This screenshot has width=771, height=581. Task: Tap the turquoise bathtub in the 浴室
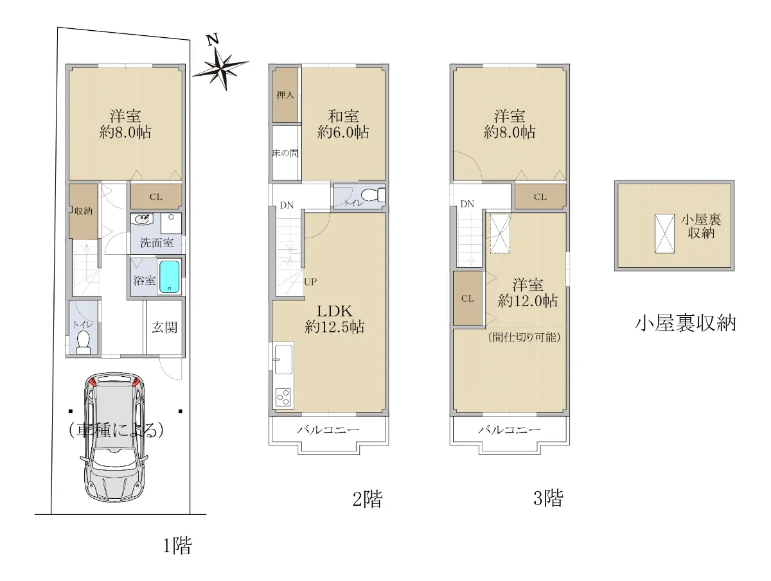tap(170, 277)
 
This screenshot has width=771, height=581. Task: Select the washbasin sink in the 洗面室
tap(142, 220)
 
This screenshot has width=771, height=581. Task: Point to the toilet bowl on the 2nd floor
tap(373, 195)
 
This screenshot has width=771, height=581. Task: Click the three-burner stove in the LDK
tap(283, 398)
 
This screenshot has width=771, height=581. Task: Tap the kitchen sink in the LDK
tap(283, 360)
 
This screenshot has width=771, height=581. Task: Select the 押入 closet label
tap(285, 95)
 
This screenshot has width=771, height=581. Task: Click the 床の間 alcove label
tap(285, 153)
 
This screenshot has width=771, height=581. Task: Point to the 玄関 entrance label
tap(164, 327)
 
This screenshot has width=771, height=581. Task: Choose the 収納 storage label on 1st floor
tap(84, 211)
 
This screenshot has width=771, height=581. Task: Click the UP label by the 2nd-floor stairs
tap(310, 282)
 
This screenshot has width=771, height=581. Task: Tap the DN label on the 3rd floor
tap(467, 204)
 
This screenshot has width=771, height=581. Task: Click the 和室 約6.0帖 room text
tap(343, 124)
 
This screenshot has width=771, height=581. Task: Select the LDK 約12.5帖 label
tap(334, 319)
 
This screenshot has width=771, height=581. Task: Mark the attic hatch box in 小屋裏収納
tap(664, 233)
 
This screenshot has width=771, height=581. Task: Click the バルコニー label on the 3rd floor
tap(509, 429)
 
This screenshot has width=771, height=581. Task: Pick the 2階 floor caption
tap(368, 499)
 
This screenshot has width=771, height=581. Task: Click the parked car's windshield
tap(114, 458)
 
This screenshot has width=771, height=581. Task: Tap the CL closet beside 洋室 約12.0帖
tap(468, 299)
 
